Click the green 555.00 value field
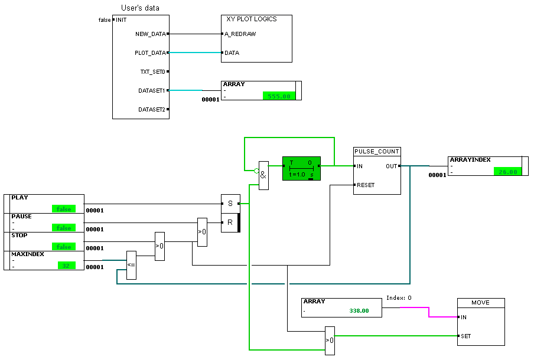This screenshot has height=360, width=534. tap(278, 96)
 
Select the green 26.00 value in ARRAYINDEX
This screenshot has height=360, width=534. tap(507, 172)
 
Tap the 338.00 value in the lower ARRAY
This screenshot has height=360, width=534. tap(359, 310)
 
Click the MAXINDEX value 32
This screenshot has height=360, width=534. tap(66, 266)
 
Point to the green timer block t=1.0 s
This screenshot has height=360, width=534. tap(301, 168)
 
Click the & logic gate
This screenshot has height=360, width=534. tap(263, 176)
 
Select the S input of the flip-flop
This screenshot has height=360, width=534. tap(230, 204)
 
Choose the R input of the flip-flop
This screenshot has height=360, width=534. tap(230, 222)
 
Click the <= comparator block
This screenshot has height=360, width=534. tap(131, 265)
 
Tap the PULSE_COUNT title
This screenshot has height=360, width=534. tap(377, 152)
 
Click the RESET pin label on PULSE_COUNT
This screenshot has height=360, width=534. tap(366, 185)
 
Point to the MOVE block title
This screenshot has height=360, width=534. tap(480, 303)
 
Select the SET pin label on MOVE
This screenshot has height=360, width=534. tap(466, 336)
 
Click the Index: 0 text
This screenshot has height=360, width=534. tap(399, 298)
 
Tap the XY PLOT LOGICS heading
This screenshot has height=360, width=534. tap(252, 19)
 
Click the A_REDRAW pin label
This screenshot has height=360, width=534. tap(240, 34)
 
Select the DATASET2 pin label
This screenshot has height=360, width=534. tap(152, 110)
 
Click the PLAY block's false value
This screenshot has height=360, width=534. tap(63, 209)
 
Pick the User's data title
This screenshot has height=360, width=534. tap(140, 8)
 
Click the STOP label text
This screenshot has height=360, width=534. tap(19, 235)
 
